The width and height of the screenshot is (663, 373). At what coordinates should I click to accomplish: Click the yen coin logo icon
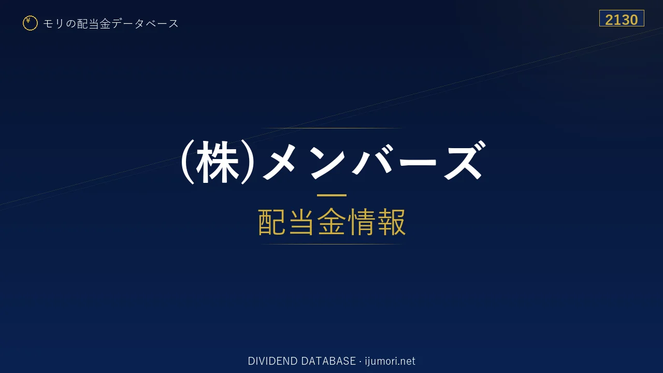coord(30,23)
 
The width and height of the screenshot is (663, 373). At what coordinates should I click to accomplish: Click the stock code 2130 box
coord(622,18)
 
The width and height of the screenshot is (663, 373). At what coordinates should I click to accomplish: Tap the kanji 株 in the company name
coord(218,162)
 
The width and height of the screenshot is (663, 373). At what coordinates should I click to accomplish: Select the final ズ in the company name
coord(465,161)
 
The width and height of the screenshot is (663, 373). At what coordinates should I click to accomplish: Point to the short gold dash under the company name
coord(331,195)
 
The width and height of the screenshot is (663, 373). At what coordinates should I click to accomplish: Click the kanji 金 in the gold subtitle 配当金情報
coord(331,222)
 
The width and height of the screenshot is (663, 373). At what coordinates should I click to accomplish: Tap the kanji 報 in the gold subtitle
coord(391,222)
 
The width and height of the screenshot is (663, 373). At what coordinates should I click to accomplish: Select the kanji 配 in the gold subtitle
coord(272,222)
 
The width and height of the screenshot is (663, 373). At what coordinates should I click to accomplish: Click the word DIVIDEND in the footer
coord(272,361)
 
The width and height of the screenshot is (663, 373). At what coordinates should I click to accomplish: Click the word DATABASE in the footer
coord(328,361)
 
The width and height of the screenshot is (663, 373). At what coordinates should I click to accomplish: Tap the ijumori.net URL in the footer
coord(390,362)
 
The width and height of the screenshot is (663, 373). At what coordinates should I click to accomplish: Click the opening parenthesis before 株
coord(188,162)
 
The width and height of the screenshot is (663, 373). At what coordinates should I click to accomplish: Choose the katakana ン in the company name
coord(327,163)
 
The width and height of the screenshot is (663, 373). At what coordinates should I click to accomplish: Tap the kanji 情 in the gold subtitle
coord(362,222)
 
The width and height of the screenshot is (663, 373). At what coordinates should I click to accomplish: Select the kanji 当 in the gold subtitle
coord(301,222)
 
